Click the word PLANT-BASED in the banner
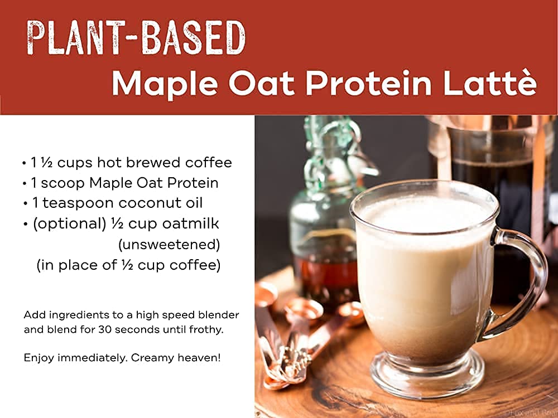[136, 38]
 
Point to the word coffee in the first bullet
[209, 162]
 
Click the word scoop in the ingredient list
[63, 183]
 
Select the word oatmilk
[191, 223]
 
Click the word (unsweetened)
[169, 245]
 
